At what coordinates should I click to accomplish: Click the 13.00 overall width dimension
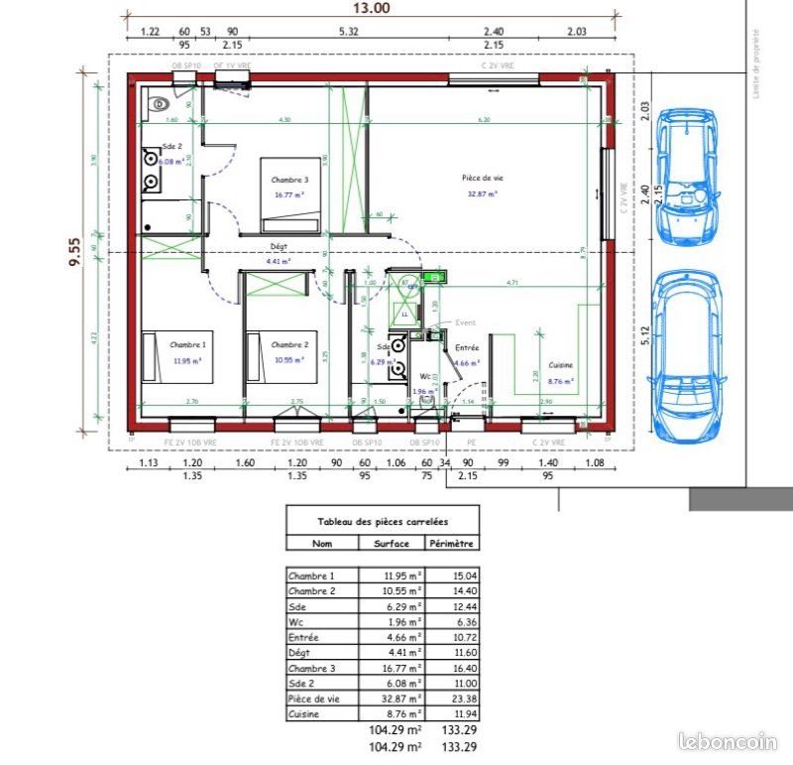tap(374, 9)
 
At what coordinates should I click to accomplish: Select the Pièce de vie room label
tap(482, 179)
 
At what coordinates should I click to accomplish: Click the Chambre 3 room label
tap(289, 181)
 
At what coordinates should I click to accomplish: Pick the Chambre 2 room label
tap(289, 344)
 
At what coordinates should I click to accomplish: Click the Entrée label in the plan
tap(466, 348)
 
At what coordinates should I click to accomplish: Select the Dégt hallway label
tap(279, 246)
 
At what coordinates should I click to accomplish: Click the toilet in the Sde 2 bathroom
tap(158, 102)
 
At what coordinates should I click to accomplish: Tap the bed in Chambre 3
tap(291, 194)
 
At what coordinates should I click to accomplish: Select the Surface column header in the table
tap(391, 543)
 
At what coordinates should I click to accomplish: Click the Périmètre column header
tap(451, 543)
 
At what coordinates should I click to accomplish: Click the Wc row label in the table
tap(296, 621)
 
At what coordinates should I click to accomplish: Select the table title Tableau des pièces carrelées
tap(382, 520)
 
